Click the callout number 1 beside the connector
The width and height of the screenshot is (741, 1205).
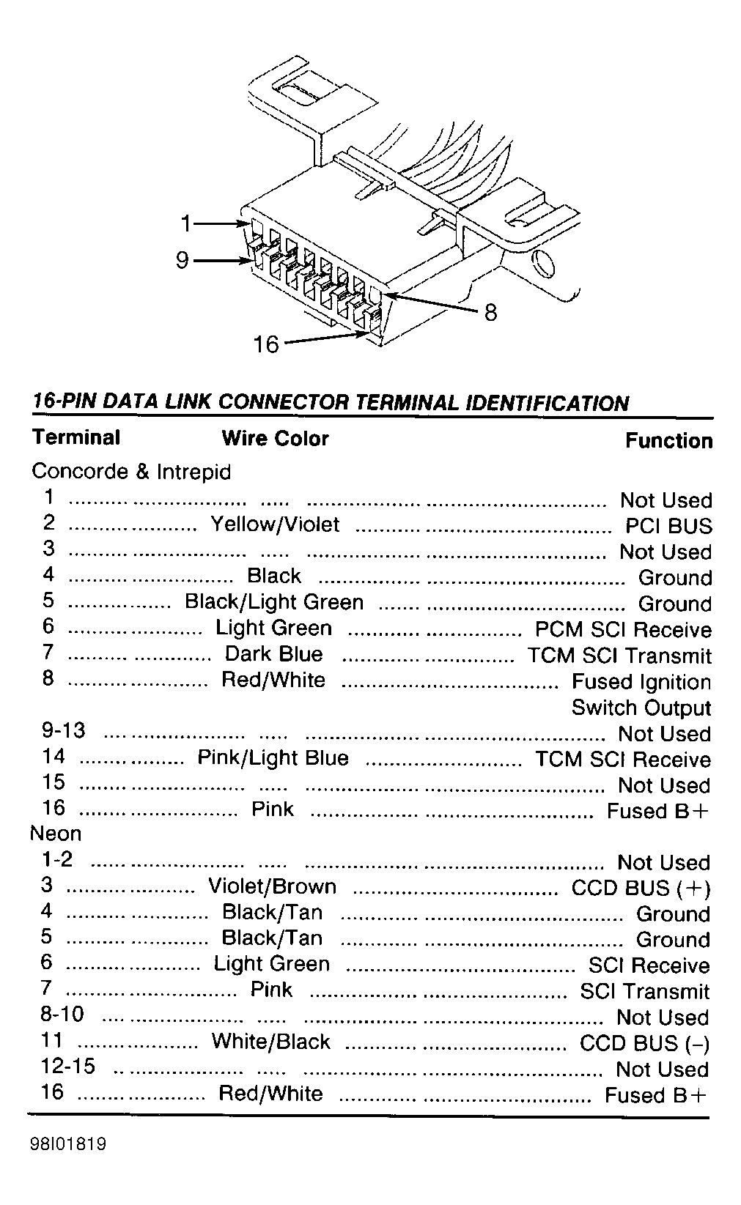point(187,223)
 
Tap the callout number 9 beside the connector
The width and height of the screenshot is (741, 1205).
point(183,260)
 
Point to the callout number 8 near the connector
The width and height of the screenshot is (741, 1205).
point(490,313)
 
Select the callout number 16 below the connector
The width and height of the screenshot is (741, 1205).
point(266,344)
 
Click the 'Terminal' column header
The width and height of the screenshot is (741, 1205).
point(76,438)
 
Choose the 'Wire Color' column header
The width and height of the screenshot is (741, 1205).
point(275,439)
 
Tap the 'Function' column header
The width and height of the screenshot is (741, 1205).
point(668,441)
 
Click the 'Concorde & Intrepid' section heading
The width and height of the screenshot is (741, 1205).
point(131,472)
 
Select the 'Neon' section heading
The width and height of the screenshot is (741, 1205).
point(56,834)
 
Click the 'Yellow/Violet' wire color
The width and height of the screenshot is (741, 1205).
point(275,524)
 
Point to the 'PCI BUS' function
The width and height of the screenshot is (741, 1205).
point(668,527)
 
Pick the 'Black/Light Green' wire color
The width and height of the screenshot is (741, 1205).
point(274,602)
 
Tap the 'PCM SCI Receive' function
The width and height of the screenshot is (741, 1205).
point(623,630)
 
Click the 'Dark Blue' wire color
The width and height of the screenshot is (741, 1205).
point(273,654)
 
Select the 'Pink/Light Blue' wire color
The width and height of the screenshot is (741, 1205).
point(273,757)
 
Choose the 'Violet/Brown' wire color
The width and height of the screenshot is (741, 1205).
point(273,886)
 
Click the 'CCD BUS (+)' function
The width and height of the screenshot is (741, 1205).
point(641,889)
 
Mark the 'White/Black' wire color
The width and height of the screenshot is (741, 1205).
point(271,1042)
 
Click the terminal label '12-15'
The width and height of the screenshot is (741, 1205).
point(68,1066)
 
